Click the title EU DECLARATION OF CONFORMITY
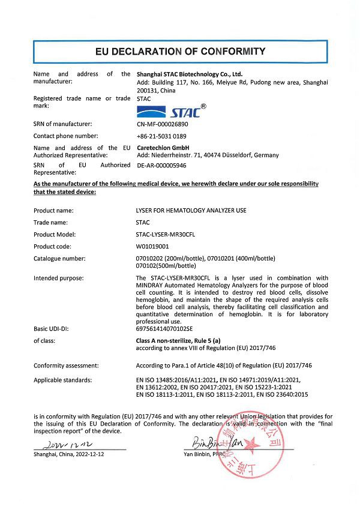click(180, 51)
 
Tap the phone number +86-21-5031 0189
click(162, 136)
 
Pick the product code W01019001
click(154, 246)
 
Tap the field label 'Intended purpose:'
click(59, 278)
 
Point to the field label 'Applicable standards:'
click(62, 380)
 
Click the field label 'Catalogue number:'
click(59, 258)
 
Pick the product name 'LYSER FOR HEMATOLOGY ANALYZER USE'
click(191, 211)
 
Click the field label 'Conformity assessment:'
click(66, 366)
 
